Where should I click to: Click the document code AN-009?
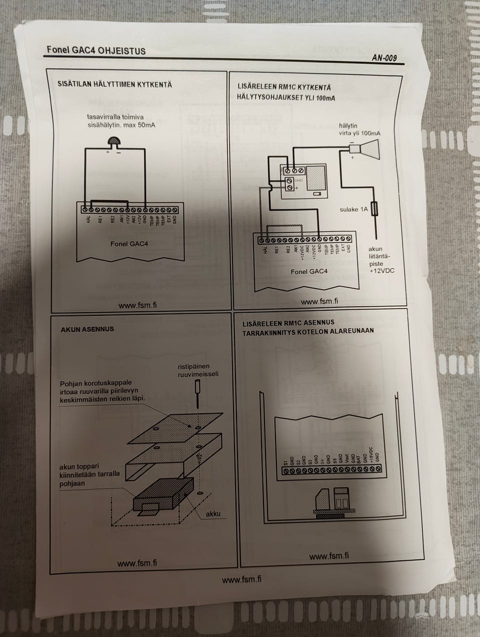pos(384,58)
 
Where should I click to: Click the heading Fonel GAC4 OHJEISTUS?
pos(96,50)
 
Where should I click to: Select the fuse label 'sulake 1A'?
pos(353,209)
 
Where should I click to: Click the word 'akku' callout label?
pos(212,513)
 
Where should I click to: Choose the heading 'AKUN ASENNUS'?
pos(87,329)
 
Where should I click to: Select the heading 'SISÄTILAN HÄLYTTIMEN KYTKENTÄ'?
pos(114,84)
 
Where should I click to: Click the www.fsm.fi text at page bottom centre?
pos(241,579)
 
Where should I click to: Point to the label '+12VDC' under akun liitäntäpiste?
pos(381,270)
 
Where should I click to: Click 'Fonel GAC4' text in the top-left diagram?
pos(129,244)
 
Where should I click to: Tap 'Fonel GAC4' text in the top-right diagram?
pos(309,271)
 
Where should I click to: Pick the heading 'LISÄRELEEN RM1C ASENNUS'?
pos(288,323)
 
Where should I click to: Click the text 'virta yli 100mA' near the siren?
pos(359,133)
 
